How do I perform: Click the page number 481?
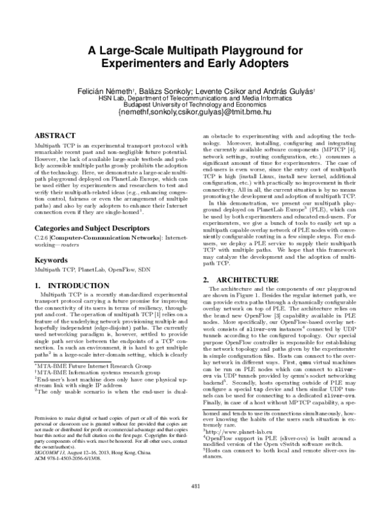pos(195,486)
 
